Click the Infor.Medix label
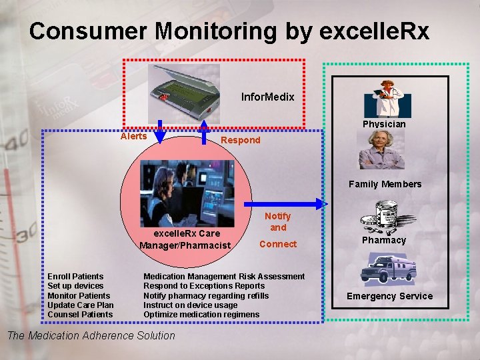point(267,97)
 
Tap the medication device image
point(183,90)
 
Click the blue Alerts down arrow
point(161,133)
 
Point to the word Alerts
point(133,136)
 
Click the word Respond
point(240,140)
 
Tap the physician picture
point(387,97)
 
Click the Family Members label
point(385,184)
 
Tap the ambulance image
point(387,269)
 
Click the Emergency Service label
point(389,296)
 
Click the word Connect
point(278,244)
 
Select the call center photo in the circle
point(187,193)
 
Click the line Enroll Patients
point(75,276)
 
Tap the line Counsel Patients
point(80,314)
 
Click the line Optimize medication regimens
point(201,314)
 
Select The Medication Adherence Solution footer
point(91,335)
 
